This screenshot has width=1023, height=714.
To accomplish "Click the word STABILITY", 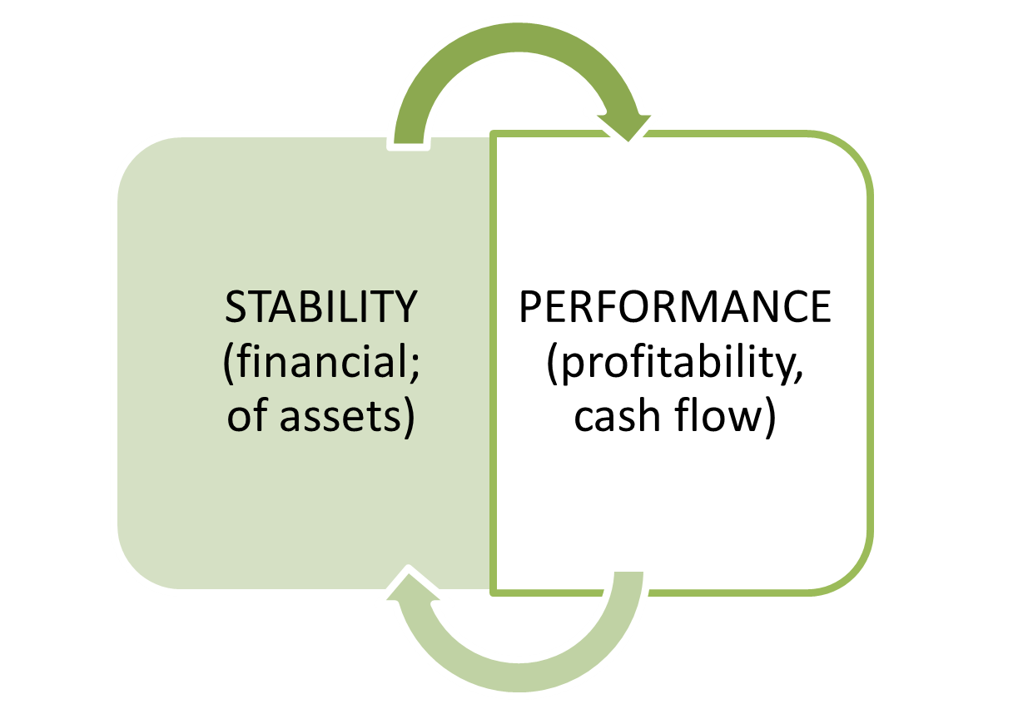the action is (321, 306).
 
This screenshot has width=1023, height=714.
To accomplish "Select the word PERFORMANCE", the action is (675, 306).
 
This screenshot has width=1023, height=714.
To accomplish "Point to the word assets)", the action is (347, 417).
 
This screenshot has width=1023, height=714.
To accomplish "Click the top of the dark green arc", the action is (518, 37).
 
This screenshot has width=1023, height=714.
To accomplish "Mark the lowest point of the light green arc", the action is (519, 677).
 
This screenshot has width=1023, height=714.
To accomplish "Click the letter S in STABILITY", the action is (236, 306).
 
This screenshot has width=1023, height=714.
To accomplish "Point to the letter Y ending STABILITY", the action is (405, 306).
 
